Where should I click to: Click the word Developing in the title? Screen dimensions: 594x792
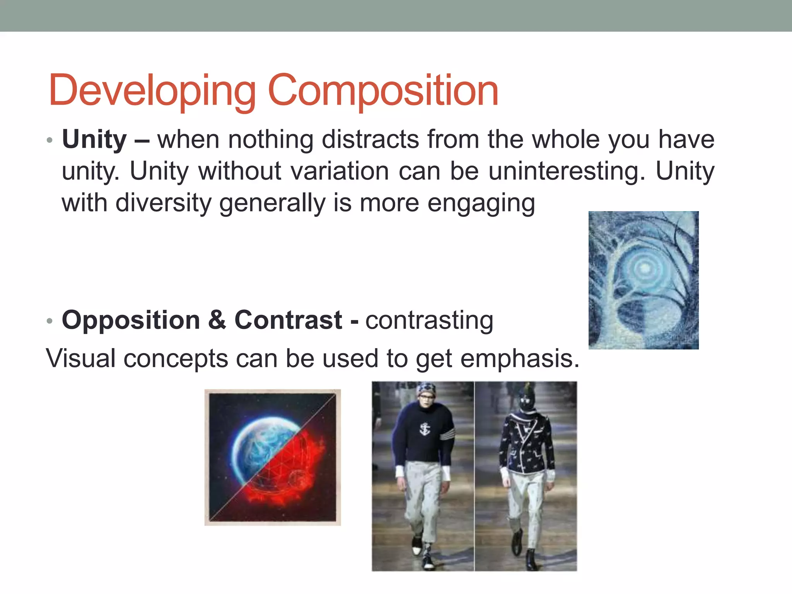coord(152,91)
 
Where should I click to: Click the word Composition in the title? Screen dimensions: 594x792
coord(383,91)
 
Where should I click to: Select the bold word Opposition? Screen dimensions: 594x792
coord(131,320)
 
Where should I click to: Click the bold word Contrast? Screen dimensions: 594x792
coord(288,320)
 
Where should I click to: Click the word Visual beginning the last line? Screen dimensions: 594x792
coord(80,358)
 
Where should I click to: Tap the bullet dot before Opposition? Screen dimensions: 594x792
coord(49,321)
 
